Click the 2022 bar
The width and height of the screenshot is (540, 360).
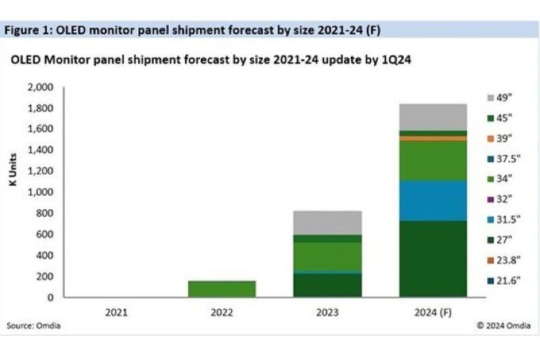point(221,289)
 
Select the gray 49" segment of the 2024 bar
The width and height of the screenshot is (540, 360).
point(433,117)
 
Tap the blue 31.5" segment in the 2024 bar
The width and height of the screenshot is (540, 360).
point(433,201)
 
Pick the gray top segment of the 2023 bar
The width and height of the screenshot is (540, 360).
point(327,222)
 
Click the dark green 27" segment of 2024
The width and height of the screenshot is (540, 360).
point(433,258)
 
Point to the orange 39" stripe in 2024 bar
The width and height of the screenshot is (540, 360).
point(433,139)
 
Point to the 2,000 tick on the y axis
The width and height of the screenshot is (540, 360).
point(41,87)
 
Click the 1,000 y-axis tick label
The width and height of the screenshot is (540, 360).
point(41,192)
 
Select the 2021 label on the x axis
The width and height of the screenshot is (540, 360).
point(116,312)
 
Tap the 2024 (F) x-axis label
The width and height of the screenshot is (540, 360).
point(433,312)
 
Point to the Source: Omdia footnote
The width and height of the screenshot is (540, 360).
point(33,326)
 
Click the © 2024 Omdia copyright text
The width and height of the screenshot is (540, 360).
point(504,326)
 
